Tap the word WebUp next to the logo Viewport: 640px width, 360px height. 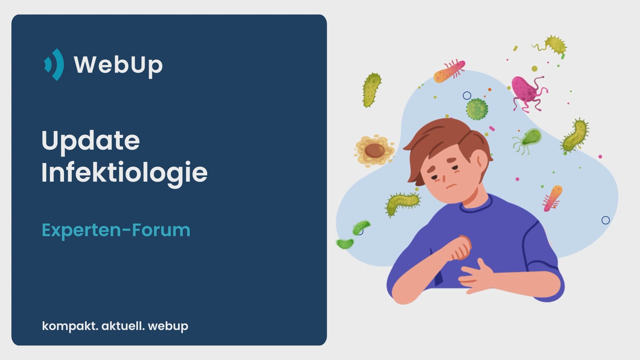[x=118, y=65]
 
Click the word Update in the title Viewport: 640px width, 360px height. [x=90, y=141]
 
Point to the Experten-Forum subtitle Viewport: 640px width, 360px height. [x=116, y=230]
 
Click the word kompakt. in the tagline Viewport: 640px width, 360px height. [x=70, y=326]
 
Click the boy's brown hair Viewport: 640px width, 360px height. [x=447, y=140]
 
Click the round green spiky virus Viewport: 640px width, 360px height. [x=477, y=109]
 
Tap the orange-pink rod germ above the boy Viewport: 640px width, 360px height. [x=449, y=71]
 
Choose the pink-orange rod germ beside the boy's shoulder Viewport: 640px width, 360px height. [x=552, y=199]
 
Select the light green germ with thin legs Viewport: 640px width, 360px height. [x=528, y=140]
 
